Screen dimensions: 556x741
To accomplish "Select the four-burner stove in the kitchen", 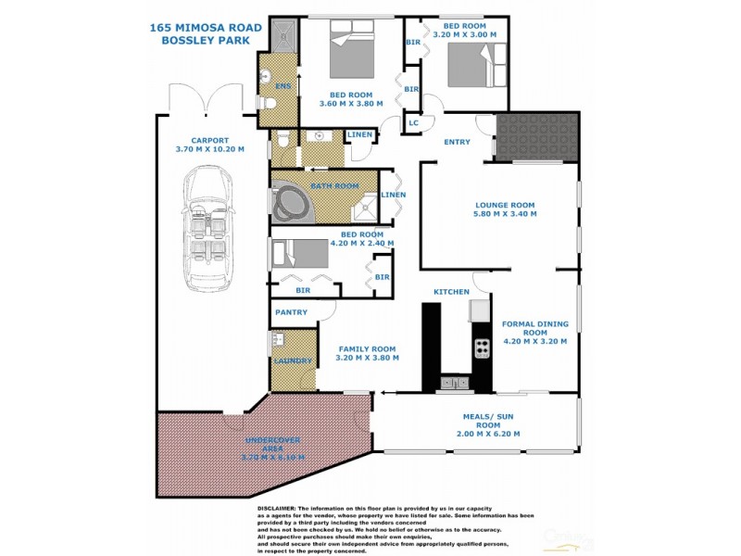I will (482, 348).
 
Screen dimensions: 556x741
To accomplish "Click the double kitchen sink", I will (454, 381).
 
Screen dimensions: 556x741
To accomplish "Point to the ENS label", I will (284, 86).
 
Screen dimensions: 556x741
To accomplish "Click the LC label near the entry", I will (413, 122).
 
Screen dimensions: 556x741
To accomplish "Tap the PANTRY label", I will (290, 312).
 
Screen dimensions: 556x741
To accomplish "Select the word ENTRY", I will (457, 142).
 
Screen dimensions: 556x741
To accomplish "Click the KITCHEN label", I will (452, 292).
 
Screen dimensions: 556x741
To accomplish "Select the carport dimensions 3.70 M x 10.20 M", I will (209, 149).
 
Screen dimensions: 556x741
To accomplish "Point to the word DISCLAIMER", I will (275, 509).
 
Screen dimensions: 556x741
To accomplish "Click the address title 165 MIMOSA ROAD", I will (206, 28).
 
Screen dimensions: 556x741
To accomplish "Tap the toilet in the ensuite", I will (264, 107).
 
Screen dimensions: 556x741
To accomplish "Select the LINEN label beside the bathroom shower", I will (393, 195).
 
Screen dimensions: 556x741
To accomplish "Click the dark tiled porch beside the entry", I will (536, 137).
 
